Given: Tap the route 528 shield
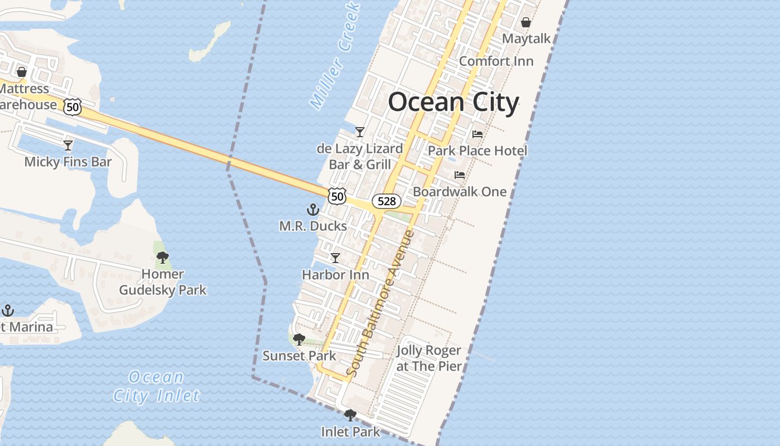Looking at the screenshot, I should pyautogui.click(x=387, y=201).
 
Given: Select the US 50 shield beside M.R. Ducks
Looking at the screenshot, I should pyautogui.click(x=337, y=196).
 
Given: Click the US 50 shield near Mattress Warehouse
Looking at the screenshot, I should pyautogui.click(x=73, y=106).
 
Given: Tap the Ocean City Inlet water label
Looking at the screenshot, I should pyautogui.click(x=156, y=386).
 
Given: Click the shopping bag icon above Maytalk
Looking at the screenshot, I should pyautogui.click(x=525, y=23).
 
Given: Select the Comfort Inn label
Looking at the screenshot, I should pyautogui.click(x=496, y=61).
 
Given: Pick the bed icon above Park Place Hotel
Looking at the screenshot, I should pyautogui.click(x=477, y=134).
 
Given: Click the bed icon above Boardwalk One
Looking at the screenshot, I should pyautogui.click(x=460, y=175).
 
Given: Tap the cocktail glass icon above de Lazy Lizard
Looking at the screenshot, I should pyautogui.click(x=360, y=132).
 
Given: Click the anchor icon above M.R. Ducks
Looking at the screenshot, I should pyautogui.click(x=313, y=210).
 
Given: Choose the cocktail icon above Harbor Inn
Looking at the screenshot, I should pyautogui.click(x=335, y=258).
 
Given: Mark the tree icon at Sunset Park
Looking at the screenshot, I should pyautogui.click(x=299, y=339).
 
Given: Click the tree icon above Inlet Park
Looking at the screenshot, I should pyautogui.click(x=350, y=415).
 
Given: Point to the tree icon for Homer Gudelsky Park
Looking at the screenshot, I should pyautogui.click(x=163, y=258).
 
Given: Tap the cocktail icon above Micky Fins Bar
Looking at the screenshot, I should pyautogui.click(x=68, y=146).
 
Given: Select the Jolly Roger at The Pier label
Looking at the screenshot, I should pyautogui.click(x=429, y=358).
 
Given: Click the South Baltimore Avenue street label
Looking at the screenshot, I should pyautogui.click(x=381, y=303).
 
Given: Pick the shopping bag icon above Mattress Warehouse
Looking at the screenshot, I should pyautogui.click(x=22, y=72).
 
